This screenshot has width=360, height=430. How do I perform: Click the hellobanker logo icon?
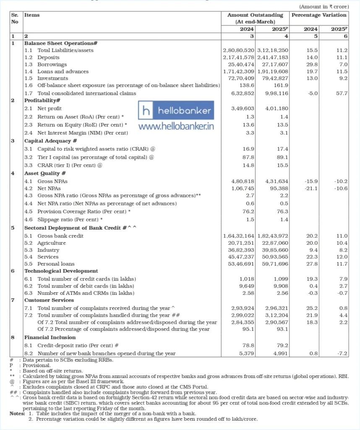[146, 111]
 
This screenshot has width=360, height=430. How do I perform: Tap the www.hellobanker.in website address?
[176, 126]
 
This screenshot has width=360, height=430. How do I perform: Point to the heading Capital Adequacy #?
[50, 141]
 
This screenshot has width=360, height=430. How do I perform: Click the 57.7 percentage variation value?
[343, 93]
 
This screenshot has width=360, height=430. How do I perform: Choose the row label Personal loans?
[56, 264]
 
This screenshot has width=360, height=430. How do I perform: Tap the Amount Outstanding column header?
[255, 15]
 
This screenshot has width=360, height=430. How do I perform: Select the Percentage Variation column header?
[319, 15]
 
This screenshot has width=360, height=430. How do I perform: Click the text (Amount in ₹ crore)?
[323, 7]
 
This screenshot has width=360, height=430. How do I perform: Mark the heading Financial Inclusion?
[50, 337]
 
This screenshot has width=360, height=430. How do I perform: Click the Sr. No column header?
[15, 18]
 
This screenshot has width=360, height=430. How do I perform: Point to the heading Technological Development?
[61, 271]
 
